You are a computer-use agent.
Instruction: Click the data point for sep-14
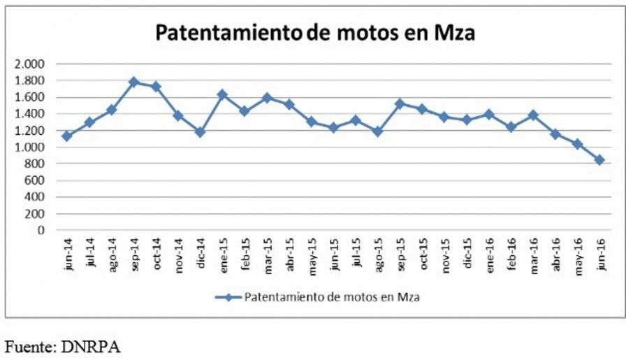[x=134, y=82]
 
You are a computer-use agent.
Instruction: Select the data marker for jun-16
[x=599, y=160]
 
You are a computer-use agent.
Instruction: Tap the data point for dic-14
[x=201, y=132]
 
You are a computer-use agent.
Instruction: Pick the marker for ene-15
[x=223, y=94]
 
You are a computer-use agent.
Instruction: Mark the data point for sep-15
[x=400, y=104]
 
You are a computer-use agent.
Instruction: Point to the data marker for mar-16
[x=533, y=115]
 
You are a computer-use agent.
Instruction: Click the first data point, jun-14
[x=68, y=136]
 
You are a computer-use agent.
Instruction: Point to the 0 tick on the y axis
[x=41, y=230]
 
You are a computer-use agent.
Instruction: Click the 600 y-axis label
[x=35, y=180]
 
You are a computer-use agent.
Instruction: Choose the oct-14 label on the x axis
[x=156, y=253]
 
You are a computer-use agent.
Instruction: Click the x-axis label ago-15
[x=378, y=254]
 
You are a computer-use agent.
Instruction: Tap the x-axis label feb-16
[x=511, y=254]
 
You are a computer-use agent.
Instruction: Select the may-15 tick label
[x=312, y=256]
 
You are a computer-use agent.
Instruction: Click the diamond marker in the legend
[x=228, y=297]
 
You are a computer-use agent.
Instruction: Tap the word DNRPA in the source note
[x=91, y=347]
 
